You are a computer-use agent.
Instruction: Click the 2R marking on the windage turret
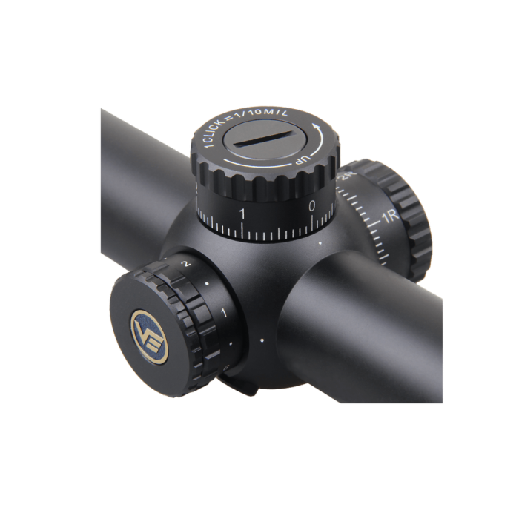click(x=346, y=177)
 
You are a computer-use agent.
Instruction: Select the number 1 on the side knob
click(x=224, y=314)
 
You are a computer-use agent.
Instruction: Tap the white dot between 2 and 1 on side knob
click(x=207, y=284)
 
